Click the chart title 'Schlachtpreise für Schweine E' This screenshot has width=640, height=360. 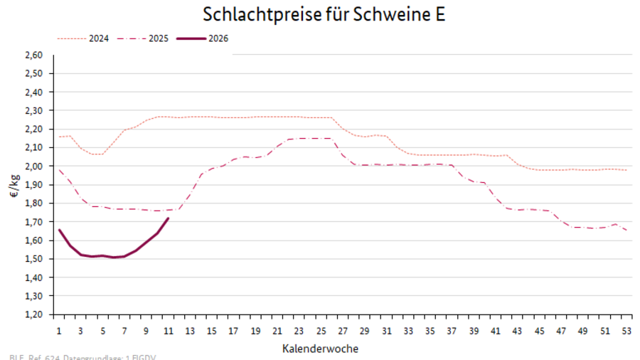pos(324,14)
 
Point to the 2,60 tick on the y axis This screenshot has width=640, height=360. pos(34,55)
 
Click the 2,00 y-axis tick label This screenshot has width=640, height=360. pos(34,166)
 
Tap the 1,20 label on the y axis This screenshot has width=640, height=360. pos(34,314)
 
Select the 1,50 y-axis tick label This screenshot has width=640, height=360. pos(34,258)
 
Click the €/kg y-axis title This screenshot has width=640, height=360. pos(15,184)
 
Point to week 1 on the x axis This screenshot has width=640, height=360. pos(58,330)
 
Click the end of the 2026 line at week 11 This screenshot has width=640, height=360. pos(168,218)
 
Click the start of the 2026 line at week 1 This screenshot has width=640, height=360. pos(59,229)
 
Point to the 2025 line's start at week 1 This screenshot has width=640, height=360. pos(59,169)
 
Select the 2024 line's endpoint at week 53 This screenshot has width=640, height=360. pos(625,170)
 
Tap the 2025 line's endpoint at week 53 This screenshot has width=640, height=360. pos(625,230)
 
